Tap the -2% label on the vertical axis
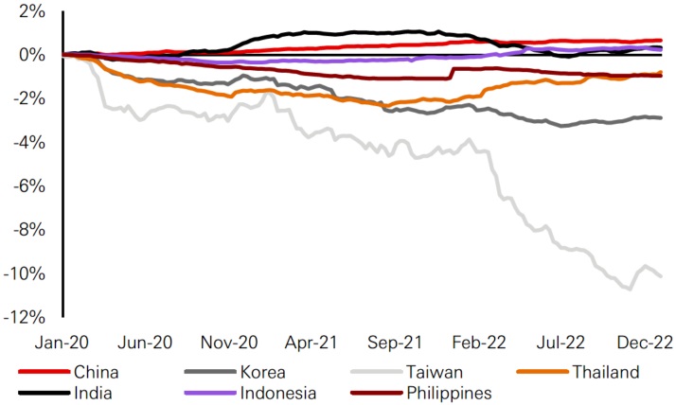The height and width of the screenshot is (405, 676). coord(29,99)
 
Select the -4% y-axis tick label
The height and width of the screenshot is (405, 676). coord(29,143)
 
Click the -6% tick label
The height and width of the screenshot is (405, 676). coord(29,186)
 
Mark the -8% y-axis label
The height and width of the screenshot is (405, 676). coord(29,230)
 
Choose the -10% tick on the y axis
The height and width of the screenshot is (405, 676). coord(26,273)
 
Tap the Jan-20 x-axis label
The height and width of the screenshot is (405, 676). coord(62,342)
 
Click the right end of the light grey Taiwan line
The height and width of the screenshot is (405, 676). coord(661,275)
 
